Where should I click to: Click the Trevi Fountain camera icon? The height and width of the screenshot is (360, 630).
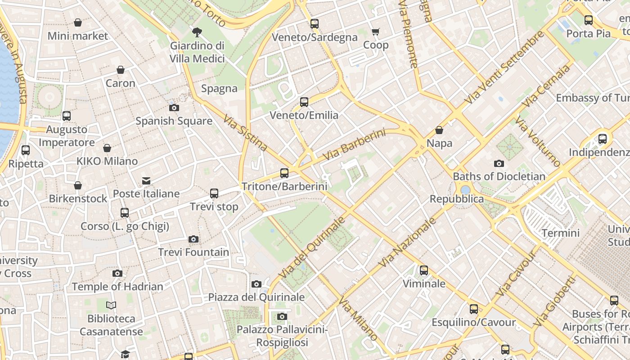coord(193,239)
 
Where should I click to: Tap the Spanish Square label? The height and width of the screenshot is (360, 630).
coord(174,121)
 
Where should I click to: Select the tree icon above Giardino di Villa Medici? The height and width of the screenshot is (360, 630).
coord(197,32)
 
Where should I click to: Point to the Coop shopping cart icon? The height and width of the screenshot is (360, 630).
coord(376,31)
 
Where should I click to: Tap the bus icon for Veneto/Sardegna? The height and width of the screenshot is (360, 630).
coord(315,24)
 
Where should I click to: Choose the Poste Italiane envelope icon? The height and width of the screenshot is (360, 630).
coord(146,181)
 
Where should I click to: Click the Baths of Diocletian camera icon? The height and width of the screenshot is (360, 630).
coord(499,163)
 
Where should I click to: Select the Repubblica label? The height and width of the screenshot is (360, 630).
coord(457,199)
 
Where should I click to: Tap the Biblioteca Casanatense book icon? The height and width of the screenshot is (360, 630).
coord(111,306)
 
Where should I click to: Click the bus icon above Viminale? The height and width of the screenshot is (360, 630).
coord(424,270)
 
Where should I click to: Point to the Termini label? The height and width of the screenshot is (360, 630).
coord(560,233)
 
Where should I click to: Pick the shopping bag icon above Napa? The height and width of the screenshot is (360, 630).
coord(439,130)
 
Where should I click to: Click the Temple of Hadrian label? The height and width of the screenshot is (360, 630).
coord(117,287)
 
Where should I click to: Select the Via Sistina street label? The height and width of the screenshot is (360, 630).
coord(245,133)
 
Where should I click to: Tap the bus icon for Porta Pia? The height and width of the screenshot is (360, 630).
coord(588,20)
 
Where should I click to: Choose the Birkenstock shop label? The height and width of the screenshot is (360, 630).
coord(78,198)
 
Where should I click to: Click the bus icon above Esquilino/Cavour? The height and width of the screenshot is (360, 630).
coord(473,309)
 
